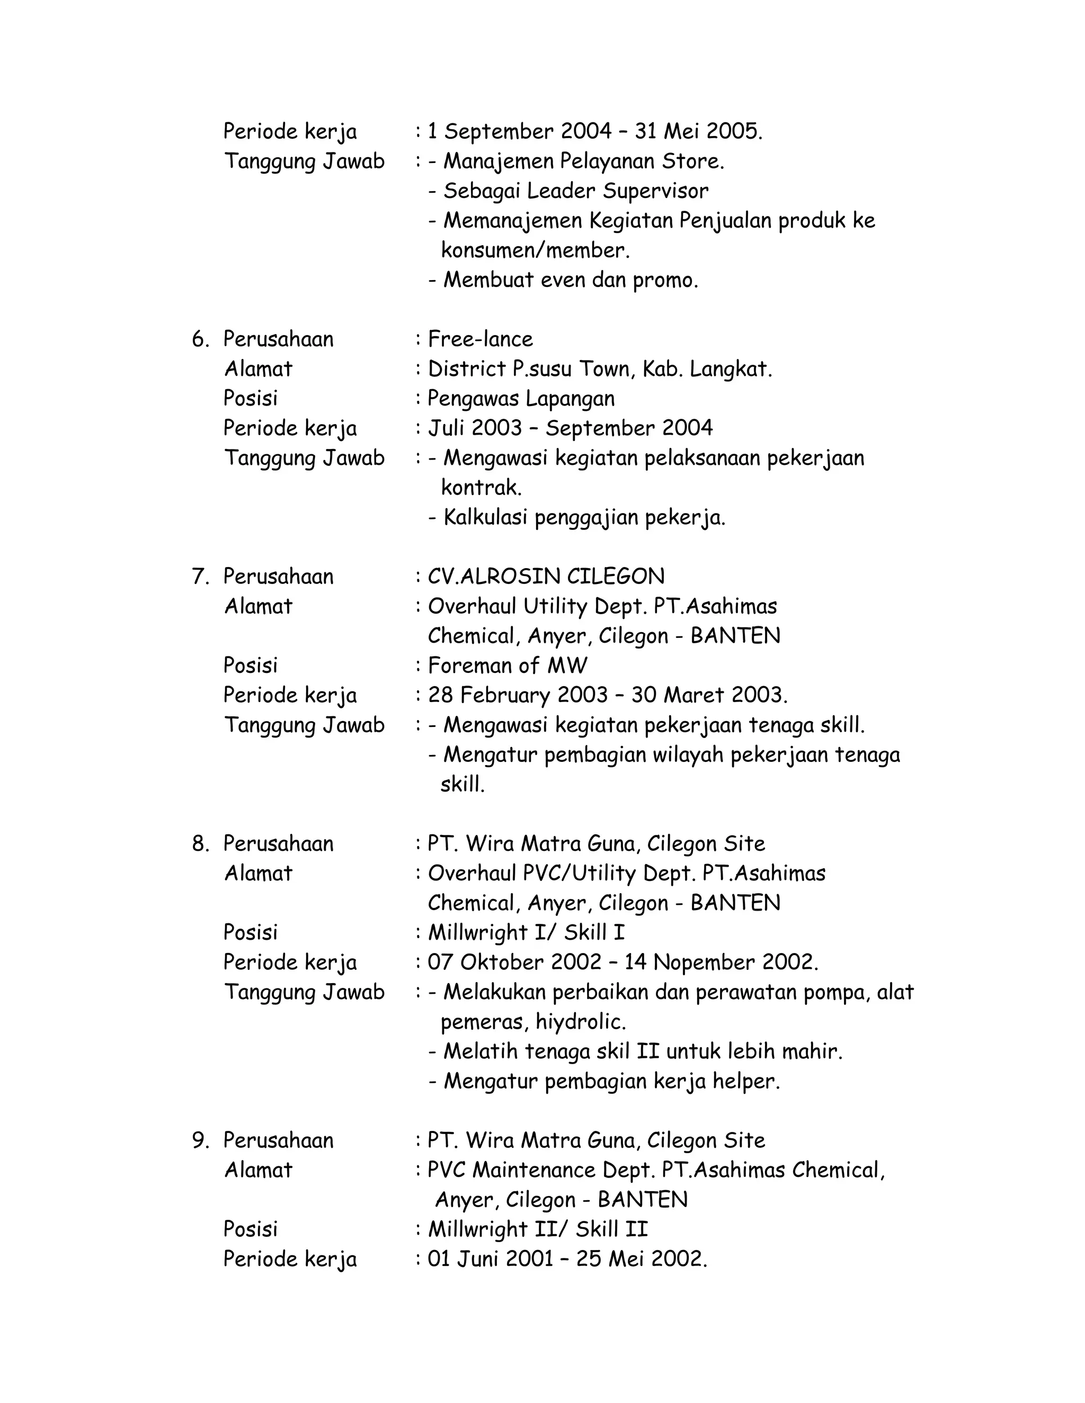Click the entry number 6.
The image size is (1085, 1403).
point(201,339)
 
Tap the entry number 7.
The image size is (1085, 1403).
point(201,576)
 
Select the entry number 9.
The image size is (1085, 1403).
point(201,1140)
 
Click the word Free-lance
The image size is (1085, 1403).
point(480,339)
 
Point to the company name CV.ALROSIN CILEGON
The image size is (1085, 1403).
point(546,576)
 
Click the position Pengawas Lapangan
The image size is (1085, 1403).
point(521,398)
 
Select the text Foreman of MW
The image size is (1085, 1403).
point(507,665)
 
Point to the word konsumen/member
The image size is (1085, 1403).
point(535,250)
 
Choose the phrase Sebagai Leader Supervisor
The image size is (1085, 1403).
point(576,191)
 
